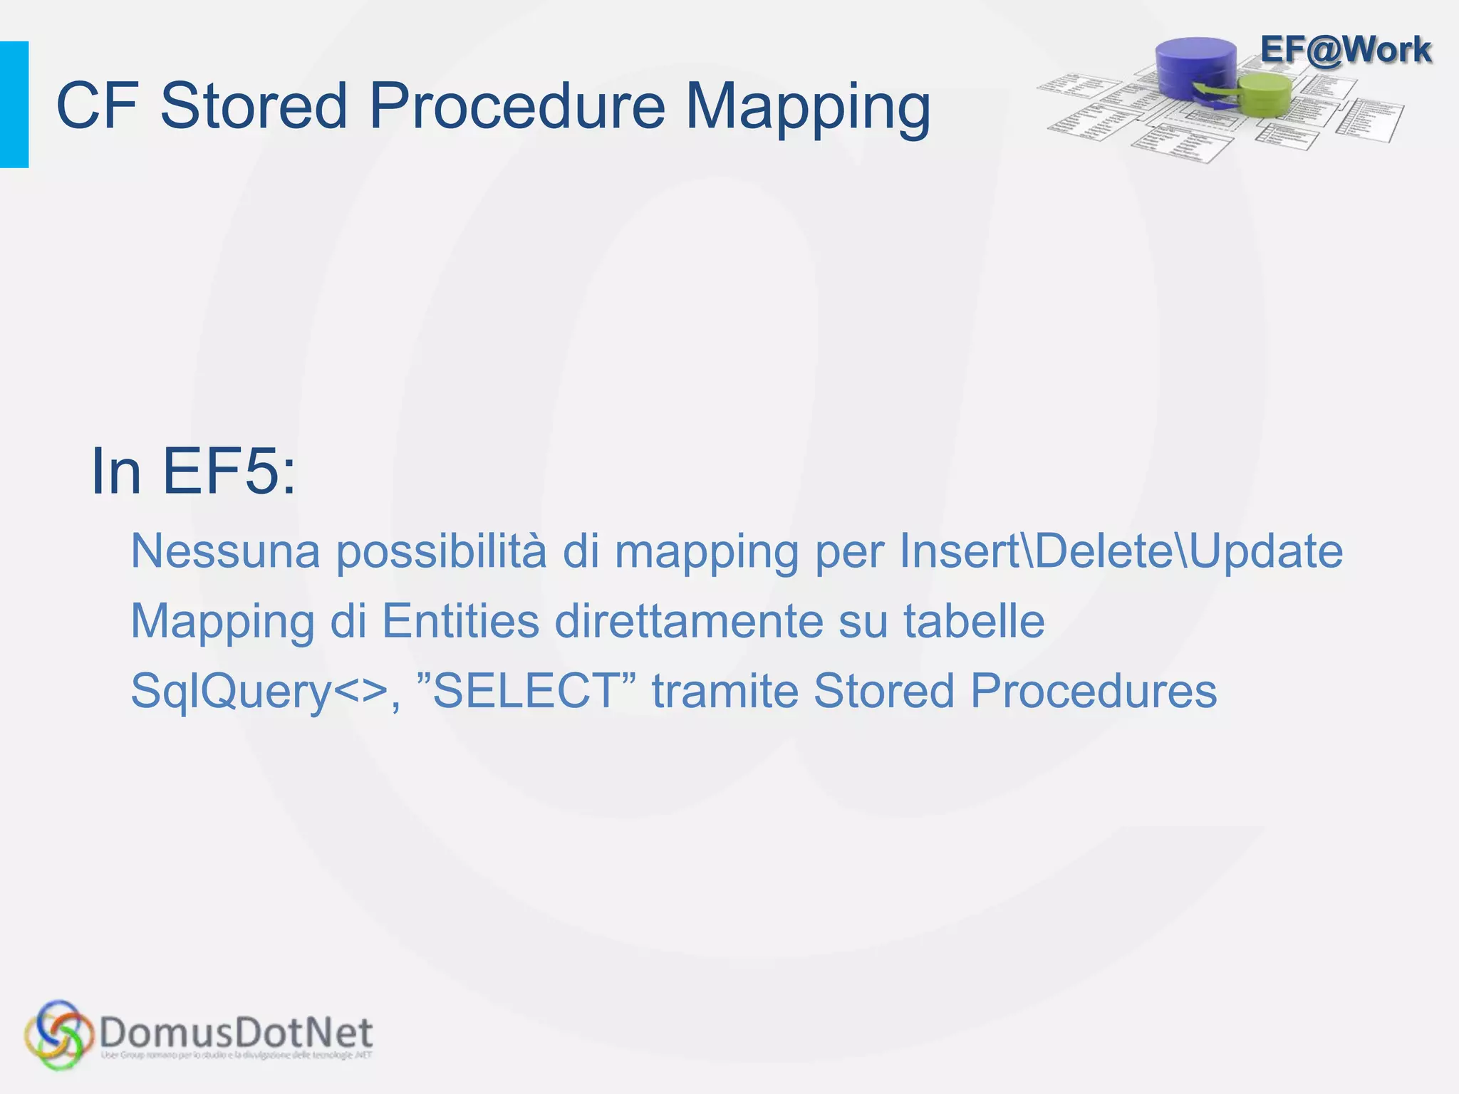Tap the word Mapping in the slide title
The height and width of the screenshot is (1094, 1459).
click(x=808, y=106)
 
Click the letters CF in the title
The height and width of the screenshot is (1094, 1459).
click(x=97, y=106)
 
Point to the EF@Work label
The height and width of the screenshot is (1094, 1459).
click(x=1345, y=50)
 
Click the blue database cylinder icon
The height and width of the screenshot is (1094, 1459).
click(x=1196, y=68)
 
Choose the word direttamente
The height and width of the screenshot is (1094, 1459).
click(x=689, y=620)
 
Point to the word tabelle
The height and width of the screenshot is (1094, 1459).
click(x=973, y=620)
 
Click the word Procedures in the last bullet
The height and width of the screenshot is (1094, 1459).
click(x=1094, y=690)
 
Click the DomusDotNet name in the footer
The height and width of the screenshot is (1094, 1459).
click(x=237, y=1033)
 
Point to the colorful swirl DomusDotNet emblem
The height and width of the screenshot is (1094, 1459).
click(x=58, y=1035)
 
